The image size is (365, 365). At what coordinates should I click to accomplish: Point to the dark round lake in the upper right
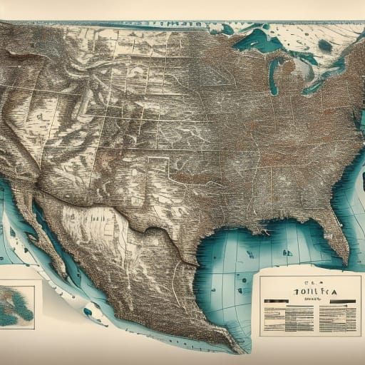[x=325, y=46]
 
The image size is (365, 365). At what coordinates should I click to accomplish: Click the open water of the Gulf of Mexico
[x=228, y=271]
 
